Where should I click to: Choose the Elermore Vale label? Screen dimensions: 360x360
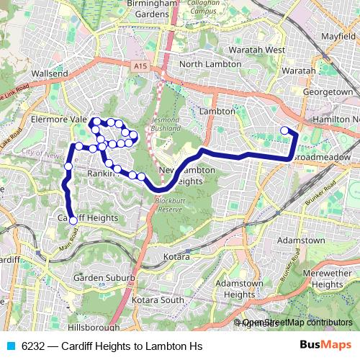57,120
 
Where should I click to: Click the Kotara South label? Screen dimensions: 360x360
161,300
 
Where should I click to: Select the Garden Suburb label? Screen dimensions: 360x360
104,277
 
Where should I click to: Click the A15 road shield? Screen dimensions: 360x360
140,66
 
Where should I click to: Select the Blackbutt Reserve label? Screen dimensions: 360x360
171,204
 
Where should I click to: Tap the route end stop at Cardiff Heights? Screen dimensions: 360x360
73,221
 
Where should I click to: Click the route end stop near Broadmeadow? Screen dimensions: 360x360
284,130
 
